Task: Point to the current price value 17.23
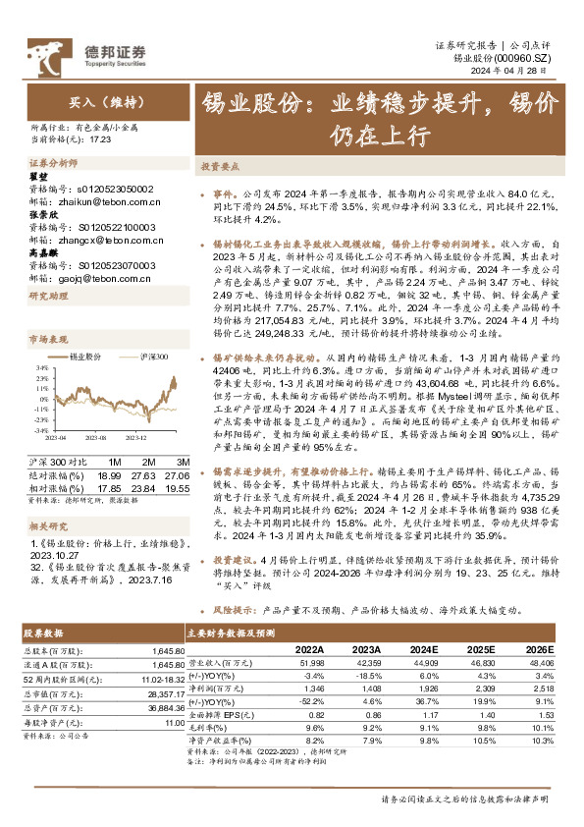[102, 138]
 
